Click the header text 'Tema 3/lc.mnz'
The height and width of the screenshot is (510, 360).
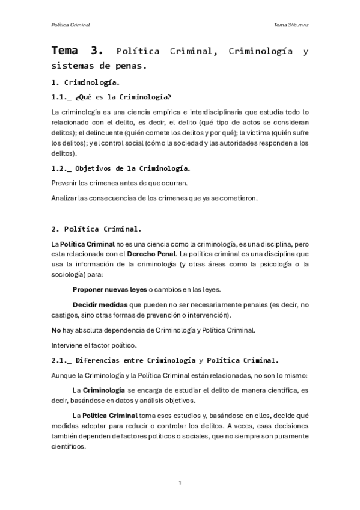(x=291, y=25)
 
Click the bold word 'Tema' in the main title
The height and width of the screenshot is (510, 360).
(x=69, y=51)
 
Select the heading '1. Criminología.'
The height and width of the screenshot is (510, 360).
(x=85, y=82)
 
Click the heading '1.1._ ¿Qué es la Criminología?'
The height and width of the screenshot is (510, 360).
(x=112, y=97)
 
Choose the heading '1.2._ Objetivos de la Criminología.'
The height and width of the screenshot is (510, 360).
(x=121, y=168)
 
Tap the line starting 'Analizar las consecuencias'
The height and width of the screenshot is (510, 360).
(x=154, y=198)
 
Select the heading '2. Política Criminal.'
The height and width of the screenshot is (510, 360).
(x=96, y=229)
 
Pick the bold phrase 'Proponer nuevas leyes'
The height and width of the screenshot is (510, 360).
(x=109, y=289)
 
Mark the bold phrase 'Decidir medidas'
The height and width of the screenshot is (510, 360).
(x=100, y=304)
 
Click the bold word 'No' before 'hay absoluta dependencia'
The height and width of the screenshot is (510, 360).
(x=56, y=330)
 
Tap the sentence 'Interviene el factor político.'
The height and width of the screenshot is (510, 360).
(x=94, y=345)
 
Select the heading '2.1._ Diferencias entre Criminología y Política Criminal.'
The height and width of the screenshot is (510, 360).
(x=165, y=361)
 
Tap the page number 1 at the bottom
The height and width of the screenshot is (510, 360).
(x=180, y=482)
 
